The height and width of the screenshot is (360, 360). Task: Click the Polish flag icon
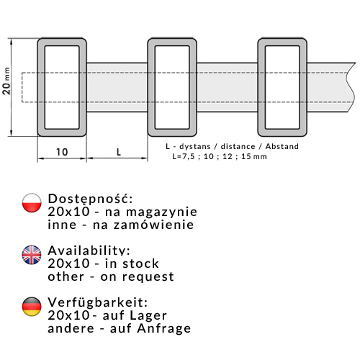pyautogui.click(x=32, y=203)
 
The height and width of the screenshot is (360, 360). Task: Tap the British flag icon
pyautogui.click(x=32, y=255)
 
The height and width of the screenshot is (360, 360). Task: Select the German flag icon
pyautogui.click(x=32, y=307)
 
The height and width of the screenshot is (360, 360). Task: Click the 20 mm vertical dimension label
pyautogui.click(x=6, y=81)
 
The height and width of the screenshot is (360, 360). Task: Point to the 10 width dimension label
pyautogui.click(x=62, y=152)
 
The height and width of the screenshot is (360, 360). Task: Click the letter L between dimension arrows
pyautogui.click(x=119, y=152)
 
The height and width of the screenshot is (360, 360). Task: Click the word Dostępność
pyautogui.click(x=90, y=199)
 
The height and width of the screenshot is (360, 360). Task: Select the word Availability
pyautogui.click(x=89, y=250)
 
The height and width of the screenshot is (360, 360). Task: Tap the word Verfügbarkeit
pyautogui.click(x=97, y=302)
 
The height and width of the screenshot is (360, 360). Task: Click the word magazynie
pyautogui.click(x=161, y=212)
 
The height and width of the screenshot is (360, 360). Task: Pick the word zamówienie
pyautogui.click(x=153, y=225)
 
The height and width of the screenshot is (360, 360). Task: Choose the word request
pyautogui.click(x=148, y=277)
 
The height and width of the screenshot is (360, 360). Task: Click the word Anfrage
pyautogui.click(x=164, y=328)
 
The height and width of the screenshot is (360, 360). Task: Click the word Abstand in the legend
pyautogui.click(x=282, y=146)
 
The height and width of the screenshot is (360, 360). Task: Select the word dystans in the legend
pyautogui.click(x=195, y=146)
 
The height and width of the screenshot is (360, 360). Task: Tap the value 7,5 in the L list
pyautogui.click(x=189, y=156)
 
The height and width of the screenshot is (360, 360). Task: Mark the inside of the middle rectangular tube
pyautogui.click(x=172, y=87)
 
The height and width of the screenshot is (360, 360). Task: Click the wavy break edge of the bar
pyautogui.click(x=351, y=87)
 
